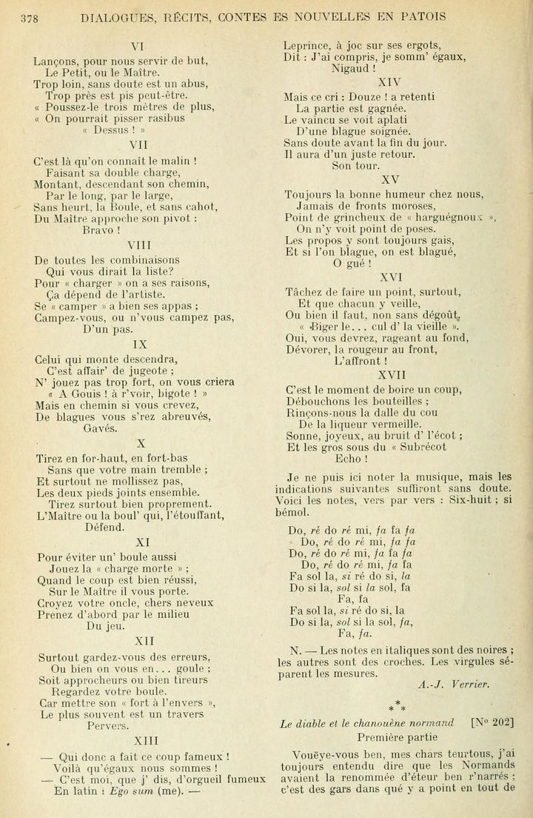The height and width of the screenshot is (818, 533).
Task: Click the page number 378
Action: (x=30, y=16)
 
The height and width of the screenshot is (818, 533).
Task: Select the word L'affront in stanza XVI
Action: (x=361, y=361)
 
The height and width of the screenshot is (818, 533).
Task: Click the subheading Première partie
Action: (x=397, y=737)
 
